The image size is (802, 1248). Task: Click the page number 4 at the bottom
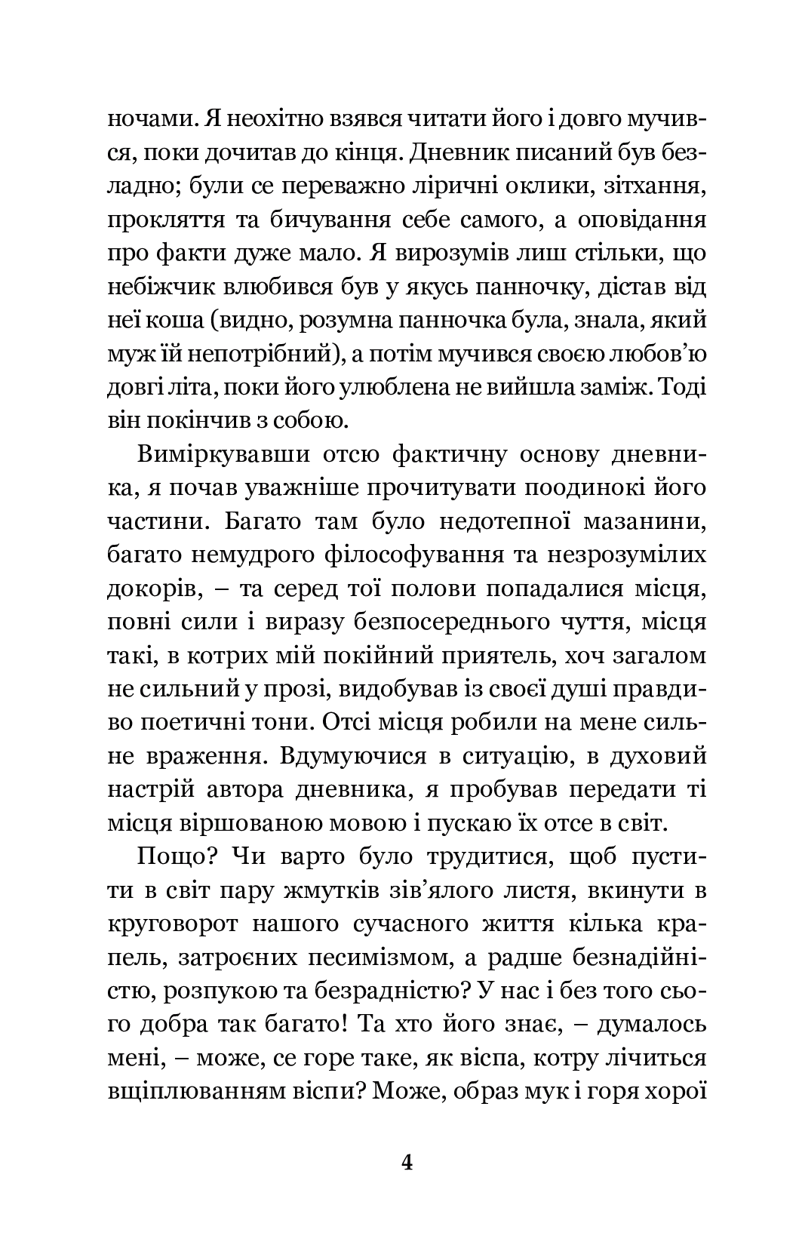click(407, 1162)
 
